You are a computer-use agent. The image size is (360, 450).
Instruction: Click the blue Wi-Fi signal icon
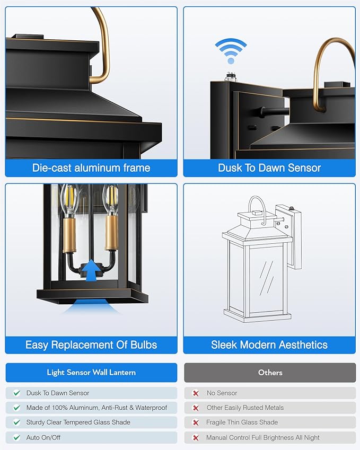click(x=231, y=51)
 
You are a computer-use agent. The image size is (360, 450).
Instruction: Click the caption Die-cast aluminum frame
click(x=91, y=168)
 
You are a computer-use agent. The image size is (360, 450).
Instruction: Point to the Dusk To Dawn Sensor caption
click(x=269, y=168)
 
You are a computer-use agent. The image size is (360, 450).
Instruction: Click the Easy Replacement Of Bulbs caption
click(x=91, y=345)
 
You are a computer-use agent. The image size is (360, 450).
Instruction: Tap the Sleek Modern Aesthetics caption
click(x=269, y=345)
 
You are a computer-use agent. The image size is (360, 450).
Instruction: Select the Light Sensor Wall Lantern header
click(x=91, y=373)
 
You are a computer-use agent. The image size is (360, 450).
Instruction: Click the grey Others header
click(x=270, y=373)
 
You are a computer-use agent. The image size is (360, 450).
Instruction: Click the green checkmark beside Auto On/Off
click(x=17, y=437)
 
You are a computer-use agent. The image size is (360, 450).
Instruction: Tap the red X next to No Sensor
click(x=196, y=393)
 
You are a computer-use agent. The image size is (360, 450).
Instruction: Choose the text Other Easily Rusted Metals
click(x=245, y=408)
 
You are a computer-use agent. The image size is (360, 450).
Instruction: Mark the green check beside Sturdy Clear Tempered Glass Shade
click(x=17, y=422)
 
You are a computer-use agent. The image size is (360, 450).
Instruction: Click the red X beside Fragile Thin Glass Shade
click(x=196, y=422)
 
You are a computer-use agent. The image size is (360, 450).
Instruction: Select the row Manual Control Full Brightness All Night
click(x=270, y=437)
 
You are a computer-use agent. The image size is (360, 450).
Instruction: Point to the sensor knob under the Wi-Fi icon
click(x=229, y=77)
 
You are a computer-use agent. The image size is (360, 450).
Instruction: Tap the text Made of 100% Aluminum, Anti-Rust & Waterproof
click(x=96, y=408)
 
